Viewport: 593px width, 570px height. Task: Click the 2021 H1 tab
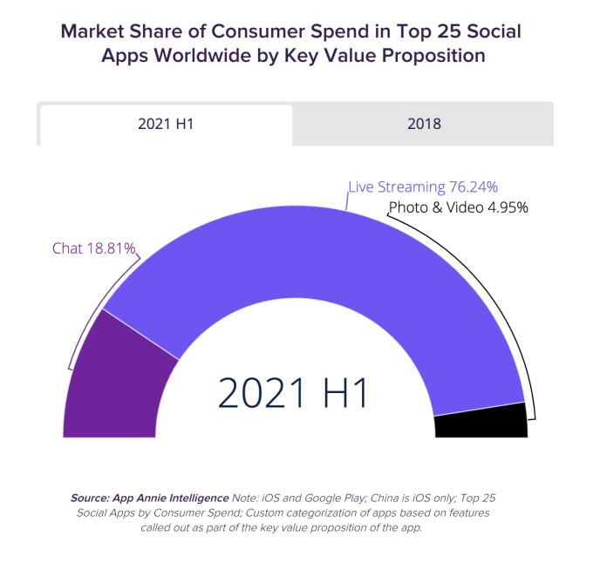[166, 124]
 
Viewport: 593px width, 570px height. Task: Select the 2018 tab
[424, 124]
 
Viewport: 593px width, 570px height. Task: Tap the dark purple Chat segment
[113, 383]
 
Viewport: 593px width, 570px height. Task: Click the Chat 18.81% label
[94, 248]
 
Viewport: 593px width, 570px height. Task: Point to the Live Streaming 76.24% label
[423, 187]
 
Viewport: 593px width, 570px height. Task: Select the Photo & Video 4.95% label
[459, 207]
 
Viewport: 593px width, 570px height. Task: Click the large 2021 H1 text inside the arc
[294, 393]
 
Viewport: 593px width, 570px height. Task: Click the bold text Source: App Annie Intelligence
[149, 498]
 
